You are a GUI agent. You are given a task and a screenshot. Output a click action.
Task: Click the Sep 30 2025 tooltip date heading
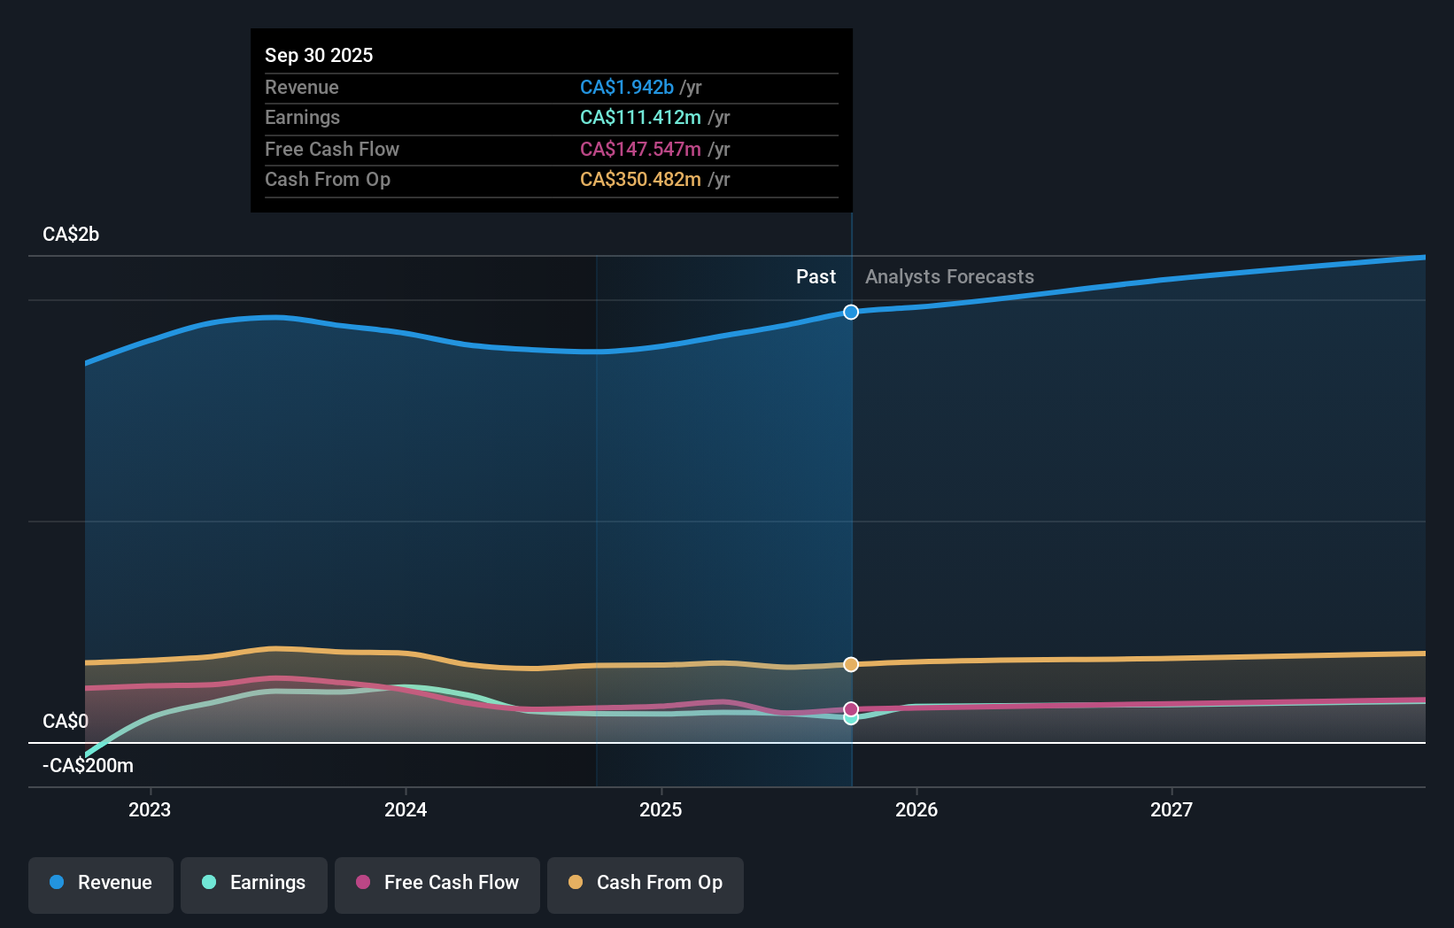[x=319, y=55]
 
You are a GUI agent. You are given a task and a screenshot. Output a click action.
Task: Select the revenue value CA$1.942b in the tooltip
[x=627, y=87]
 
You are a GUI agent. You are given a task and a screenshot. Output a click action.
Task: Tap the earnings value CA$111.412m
[x=640, y=117]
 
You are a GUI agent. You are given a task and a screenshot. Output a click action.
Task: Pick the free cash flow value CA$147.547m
[x=640, y=149]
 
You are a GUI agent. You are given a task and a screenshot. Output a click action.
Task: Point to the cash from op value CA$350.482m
[x=640, y=179]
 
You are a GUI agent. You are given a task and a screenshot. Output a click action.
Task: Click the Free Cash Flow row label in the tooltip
[x=332, y=149]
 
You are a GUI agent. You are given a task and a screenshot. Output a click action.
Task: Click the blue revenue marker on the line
[x=851, y=312]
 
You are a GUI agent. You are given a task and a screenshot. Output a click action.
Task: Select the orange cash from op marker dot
[x=851, y=664]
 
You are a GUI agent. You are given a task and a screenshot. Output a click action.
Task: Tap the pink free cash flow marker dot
[x=851, y=708]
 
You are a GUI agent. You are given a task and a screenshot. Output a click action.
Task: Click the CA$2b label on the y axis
[x=71, y=234]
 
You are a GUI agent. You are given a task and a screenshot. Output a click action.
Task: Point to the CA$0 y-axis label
[x=66, y=721]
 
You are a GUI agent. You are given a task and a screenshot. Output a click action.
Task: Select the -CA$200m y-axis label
[x=88, y=765]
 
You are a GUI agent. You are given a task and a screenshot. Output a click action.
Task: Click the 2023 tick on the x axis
[x=150, y=809]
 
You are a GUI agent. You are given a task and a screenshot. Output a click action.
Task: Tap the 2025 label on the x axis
[x=661, y=809]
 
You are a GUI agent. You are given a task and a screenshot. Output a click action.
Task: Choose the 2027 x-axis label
[x=1171, y=809]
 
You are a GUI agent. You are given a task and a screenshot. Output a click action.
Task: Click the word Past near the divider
[x=816, y=276]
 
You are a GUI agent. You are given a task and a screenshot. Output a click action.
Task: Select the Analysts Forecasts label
[x=949, y=276]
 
